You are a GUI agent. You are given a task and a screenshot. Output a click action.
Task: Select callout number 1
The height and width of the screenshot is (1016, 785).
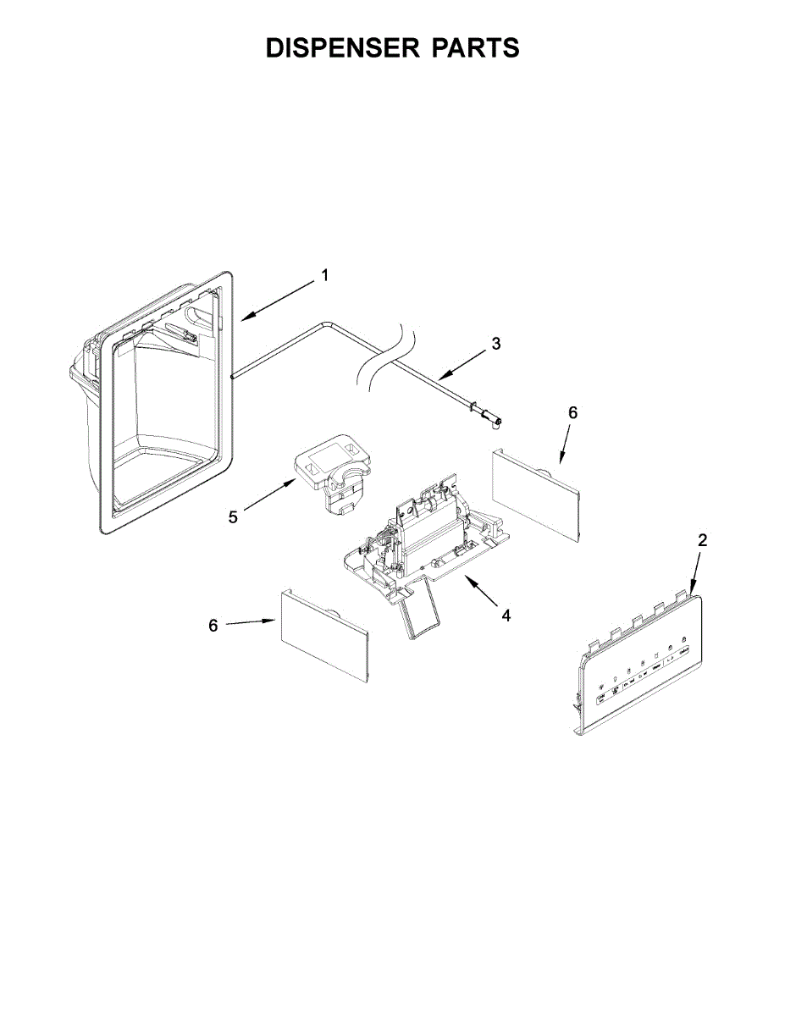point(324,275)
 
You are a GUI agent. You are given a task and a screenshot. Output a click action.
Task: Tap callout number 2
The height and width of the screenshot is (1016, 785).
point(703,540)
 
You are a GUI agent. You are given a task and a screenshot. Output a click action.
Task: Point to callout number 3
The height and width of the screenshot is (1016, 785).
point(496,344)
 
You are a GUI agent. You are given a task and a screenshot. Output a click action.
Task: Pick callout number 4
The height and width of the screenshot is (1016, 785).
point(506,616)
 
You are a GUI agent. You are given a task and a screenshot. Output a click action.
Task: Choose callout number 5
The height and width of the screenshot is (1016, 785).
point(233,516)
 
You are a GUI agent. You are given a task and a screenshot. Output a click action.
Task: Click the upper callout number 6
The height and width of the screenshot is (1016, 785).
point(573,412)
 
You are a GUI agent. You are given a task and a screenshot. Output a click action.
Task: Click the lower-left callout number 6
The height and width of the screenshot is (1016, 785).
point(213,626)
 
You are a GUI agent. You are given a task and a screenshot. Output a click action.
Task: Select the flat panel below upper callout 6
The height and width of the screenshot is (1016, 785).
point(535,494)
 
